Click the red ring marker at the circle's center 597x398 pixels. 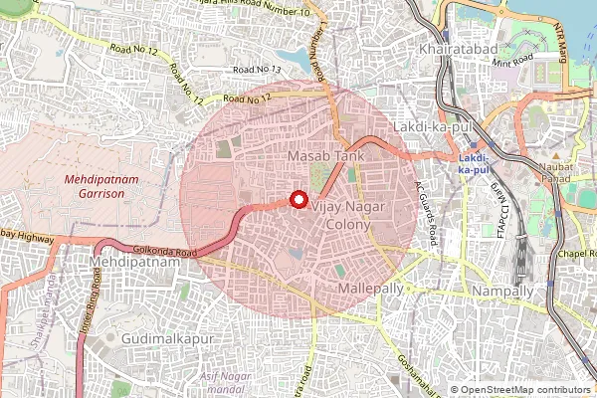point(298,200)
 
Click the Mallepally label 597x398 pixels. point(372,287)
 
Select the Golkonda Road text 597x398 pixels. point(157,251)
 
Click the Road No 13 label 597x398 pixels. point(257,70)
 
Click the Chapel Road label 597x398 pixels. point(573,254)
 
